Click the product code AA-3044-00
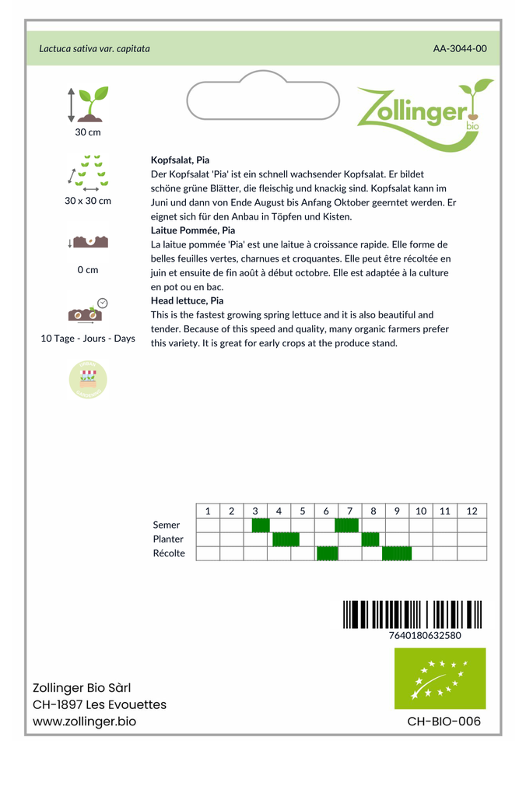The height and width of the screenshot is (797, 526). (x=460, y=48)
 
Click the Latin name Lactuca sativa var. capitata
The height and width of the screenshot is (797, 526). (x=94, y=48)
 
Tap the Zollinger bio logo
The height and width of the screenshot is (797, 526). (x=424, y=114)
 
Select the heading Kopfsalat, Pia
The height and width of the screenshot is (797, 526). (x=180, y=160)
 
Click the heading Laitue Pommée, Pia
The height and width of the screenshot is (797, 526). (x=192, y=230)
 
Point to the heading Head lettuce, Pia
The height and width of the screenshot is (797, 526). (x=187, y=300)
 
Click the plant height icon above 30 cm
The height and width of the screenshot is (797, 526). (x=88, y=104)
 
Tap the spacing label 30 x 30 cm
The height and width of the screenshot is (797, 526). (x=88, y=201)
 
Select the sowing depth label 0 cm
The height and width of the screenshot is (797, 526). (x=88, y=270)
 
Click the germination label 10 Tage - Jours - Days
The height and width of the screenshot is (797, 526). (x=88, y=339)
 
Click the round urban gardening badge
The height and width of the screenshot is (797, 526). (x=88, y=380)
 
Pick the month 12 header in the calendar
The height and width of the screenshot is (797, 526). (x=472, y=511)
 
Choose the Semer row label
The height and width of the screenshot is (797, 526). (x=167, y=525)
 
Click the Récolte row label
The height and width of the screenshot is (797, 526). (x=169, y=553)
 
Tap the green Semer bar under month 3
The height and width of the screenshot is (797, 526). (x=261, y=525)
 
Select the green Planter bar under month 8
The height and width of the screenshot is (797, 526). (x=370, y=539)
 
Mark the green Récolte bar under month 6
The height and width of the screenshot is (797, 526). (x=328, y=553)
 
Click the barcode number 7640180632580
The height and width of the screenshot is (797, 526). (x=425, y=635)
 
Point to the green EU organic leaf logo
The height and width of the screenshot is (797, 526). (x=440, y=679)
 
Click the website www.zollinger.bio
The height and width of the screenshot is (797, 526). (x=84, y=722)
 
